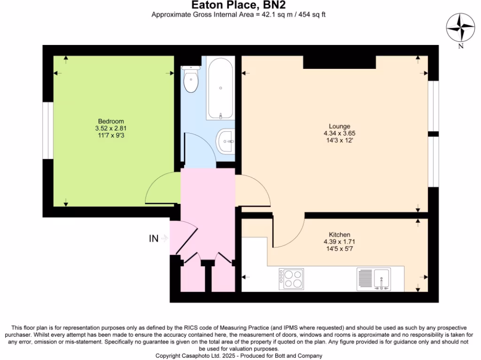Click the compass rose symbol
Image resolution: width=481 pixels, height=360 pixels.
click(460, 28)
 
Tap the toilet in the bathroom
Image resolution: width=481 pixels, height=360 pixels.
click(191, 80)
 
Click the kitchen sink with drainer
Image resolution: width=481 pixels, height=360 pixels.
click(373, 278)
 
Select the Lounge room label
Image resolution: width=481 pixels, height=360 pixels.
click(339, 126)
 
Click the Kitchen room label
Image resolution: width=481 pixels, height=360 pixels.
click(339, 235)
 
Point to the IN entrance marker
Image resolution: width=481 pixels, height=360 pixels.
click(154, 239)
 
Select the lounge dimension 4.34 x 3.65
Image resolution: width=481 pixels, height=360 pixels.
click(339, 133)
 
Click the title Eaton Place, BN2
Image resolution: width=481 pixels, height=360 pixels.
click(238, 5)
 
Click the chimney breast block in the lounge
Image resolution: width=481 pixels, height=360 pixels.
click(339, 62)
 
